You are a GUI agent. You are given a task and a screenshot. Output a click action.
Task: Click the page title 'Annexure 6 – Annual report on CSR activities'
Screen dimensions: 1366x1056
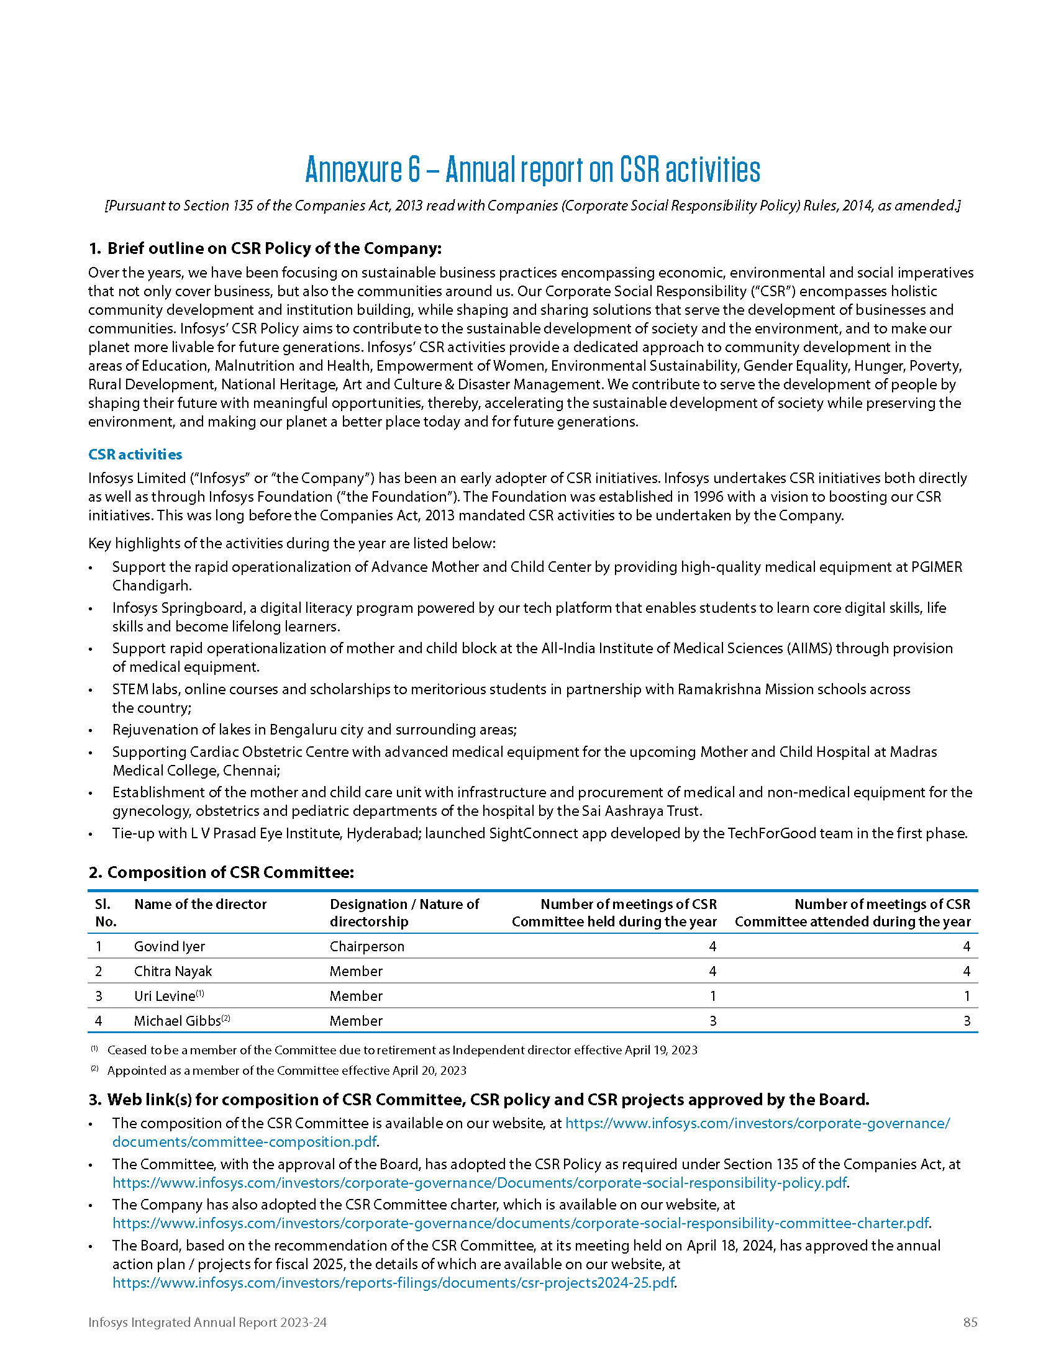[532, 170]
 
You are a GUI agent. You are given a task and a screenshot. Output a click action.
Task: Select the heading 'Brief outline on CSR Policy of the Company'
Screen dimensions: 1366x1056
[274, 248]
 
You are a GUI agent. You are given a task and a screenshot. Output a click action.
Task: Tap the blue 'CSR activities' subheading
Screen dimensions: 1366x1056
[135, 454]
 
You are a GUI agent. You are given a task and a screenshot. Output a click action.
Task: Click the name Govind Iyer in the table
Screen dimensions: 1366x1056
[170, 946]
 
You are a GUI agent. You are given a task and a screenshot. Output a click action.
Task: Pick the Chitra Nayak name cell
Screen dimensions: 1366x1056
[173, 971]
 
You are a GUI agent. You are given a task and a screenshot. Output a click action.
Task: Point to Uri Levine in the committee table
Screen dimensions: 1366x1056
[165, 996]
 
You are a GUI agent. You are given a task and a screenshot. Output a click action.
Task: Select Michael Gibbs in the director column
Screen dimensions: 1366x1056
[178, 1021]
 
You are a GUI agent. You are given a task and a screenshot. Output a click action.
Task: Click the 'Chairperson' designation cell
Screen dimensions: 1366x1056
[366, 946]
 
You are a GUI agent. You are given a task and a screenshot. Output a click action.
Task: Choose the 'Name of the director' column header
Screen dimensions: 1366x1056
[200, 904]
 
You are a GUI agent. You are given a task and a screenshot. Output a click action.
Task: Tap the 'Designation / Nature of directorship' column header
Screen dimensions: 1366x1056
[404, 913]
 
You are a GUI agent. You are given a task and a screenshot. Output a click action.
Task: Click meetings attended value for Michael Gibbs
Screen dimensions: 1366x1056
[967, 1021]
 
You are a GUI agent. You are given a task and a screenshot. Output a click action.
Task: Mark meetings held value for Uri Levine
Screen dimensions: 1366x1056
[712, 996]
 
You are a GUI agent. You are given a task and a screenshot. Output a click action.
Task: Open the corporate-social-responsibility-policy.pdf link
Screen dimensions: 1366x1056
[479, 1183]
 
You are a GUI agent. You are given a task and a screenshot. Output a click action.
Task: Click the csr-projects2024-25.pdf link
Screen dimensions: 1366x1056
[393, 1283]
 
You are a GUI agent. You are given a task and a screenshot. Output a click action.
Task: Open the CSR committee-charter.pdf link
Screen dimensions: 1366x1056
[521, 1223]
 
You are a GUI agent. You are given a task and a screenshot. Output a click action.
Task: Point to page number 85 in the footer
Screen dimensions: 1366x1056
[970, 1322]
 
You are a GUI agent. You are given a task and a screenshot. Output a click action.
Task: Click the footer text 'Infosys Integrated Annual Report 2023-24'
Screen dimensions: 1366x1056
[207, 1322]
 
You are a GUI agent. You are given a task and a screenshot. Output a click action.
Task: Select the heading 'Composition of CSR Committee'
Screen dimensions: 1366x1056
[230, 872]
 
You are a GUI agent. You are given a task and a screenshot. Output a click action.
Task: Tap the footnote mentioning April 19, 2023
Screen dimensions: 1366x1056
[402, 1050]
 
